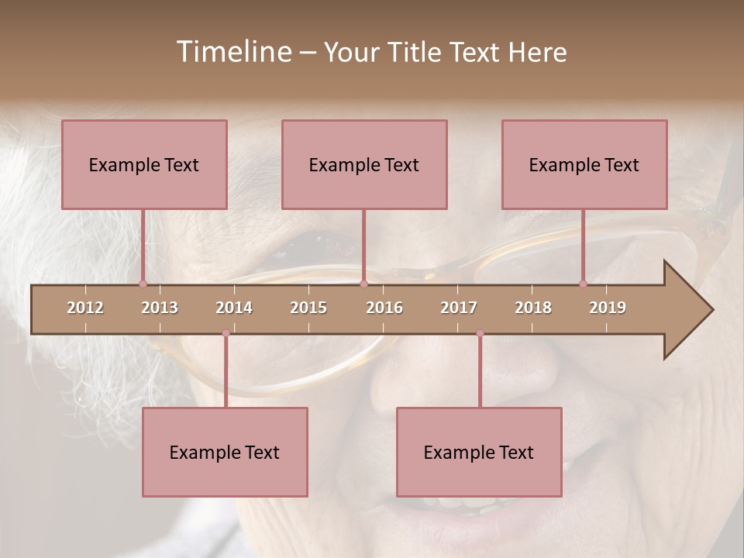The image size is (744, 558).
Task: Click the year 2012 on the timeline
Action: pos(85,308)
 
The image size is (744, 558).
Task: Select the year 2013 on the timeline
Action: pos(160,308)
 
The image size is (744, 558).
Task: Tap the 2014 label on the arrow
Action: pos(234,308)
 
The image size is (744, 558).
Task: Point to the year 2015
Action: pos(308,308)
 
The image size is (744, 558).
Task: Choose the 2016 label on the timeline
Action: pos(384,308)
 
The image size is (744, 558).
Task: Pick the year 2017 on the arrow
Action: pos(459,308)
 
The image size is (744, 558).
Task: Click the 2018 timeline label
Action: pos(533,308)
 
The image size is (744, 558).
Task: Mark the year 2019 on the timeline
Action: pos(608,308)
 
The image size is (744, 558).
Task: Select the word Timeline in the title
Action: pos(232,52)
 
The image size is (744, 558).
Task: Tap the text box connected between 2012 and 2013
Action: pos(144,164)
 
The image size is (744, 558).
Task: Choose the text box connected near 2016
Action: pos(364,164)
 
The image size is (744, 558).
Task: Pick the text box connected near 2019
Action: pos(584,164)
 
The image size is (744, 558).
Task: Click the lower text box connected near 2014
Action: pos(225,452)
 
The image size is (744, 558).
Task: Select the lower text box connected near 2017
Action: pos(479,452)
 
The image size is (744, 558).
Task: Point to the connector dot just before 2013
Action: pos(143,284)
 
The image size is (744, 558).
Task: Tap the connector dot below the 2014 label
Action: pos(226,333)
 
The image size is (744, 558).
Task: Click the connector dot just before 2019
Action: pos(583,284)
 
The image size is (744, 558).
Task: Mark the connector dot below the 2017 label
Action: pos(480,333)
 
